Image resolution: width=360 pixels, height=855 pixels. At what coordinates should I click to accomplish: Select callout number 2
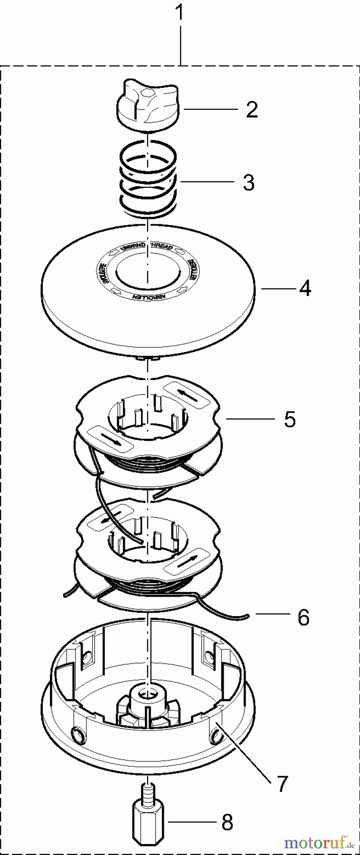pos(252,110)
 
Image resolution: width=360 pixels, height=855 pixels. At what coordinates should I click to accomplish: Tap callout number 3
pos(248,182)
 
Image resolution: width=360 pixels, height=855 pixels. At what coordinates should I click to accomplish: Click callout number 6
pos(303,617)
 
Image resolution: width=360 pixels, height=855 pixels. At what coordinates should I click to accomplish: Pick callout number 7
pos(282,784)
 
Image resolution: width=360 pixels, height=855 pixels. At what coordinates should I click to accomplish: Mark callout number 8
pos(227,823)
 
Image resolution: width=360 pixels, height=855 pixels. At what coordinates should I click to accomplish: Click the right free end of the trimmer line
pos(247,617)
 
